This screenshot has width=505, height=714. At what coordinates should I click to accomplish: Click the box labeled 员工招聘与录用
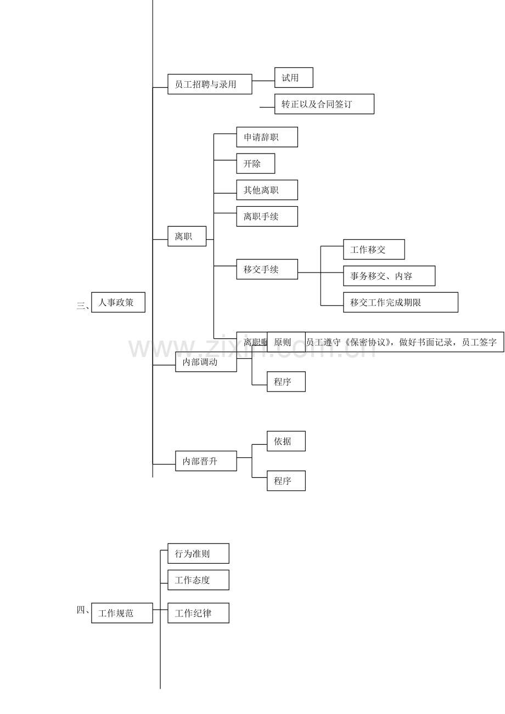(210, 84)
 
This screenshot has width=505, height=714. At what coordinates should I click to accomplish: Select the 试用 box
(294, 78)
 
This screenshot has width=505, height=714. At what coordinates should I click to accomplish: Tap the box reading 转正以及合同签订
(324, 104)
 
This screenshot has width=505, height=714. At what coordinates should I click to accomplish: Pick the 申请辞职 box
(267, 137)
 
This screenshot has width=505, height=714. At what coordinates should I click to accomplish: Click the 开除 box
(255, 163)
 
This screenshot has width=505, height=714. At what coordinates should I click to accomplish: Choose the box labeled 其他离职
(267, 190)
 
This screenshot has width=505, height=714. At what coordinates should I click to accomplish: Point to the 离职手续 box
(267, 216)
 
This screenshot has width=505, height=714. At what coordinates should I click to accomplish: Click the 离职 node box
(187, 236)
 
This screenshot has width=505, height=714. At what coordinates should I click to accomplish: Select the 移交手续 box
(267, 269)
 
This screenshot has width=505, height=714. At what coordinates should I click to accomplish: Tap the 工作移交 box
(374, 250)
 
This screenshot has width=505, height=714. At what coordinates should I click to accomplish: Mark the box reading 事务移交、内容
(389, 276)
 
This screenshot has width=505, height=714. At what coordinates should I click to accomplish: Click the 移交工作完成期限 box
(400, 302)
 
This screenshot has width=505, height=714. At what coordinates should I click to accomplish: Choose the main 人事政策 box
(118, 302)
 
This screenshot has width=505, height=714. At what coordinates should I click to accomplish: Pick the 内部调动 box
(206, 362)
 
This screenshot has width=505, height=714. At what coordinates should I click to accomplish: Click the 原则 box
(286, 342)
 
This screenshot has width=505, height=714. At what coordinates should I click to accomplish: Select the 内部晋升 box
(206, 461)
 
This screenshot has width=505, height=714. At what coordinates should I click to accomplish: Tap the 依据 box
(286, 441)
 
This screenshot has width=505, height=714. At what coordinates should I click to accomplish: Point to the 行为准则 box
(198, 553)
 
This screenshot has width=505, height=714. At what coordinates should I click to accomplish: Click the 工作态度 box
(198, 580)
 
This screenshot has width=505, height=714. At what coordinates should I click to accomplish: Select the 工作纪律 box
(198, 613)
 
